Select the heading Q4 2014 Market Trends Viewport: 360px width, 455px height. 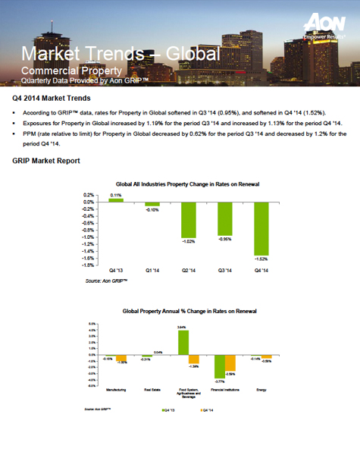pos(52,99)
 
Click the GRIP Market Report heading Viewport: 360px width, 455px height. pos(47,162)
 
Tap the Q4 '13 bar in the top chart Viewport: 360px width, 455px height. pos(117,200)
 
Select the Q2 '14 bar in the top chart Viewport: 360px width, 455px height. pos(189,219)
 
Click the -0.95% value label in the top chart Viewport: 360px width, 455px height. pos(224,239)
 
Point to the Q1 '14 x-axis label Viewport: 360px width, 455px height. pos(152,270)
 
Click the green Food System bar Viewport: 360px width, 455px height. pos(183,342)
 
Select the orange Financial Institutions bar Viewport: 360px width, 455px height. pos(230,362)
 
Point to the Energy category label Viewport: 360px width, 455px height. pos(261,390)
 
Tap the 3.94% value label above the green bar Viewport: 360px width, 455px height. pos(182,326)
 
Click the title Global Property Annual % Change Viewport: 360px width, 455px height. pos(189,311)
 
